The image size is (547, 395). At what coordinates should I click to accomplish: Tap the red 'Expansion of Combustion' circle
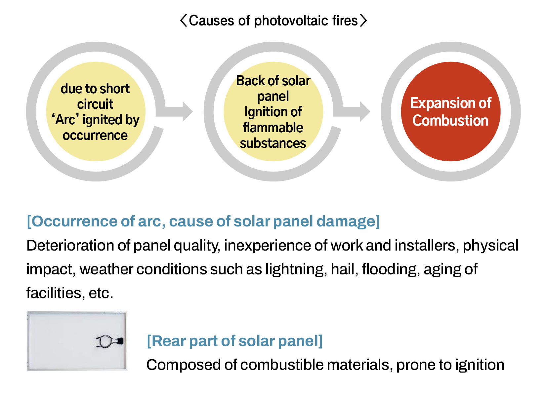click(450, 112)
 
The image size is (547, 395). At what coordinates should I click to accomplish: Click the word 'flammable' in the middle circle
click(273, 128)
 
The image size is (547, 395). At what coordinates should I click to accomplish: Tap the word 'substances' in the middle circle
click(273, 143)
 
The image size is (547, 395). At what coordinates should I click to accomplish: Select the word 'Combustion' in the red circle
click(450, 120)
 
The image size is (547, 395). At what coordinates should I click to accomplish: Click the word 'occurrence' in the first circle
click(95, 136)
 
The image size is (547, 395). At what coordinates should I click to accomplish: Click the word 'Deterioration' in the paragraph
click(70, 245)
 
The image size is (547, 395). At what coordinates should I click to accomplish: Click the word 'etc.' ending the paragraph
click(101, 293)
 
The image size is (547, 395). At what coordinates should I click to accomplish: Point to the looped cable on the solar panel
click(104, 341)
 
